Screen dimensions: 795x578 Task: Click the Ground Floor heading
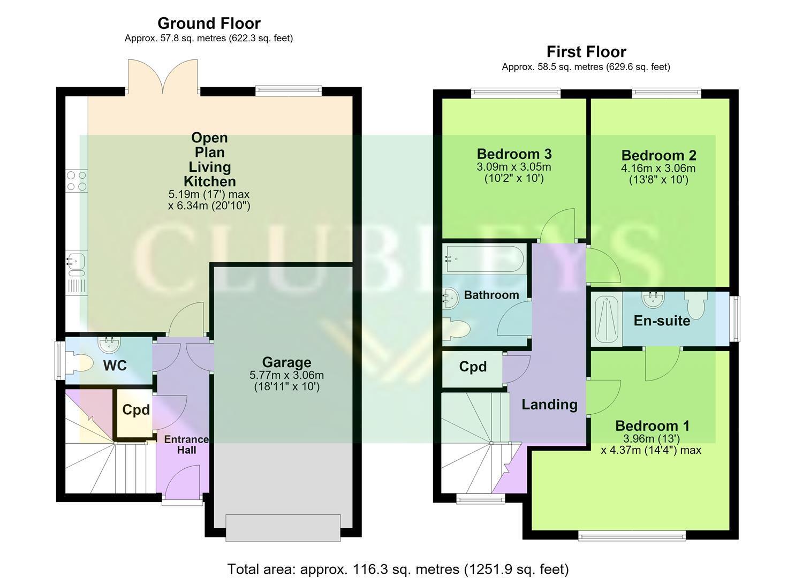tap(209, 24)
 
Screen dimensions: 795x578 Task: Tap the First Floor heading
tap(586, 52)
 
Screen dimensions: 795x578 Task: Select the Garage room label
tap(287, 362)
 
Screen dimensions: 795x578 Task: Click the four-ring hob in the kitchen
tap(77, 180)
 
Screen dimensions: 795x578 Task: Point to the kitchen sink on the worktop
tap(75, 263)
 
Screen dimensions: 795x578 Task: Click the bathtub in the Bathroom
tap(484, 259)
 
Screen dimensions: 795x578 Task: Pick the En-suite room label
tap(662, 321)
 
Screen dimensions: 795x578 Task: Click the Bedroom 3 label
tap(514, 154)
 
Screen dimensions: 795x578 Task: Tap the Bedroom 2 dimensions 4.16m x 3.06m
tap(658, 168)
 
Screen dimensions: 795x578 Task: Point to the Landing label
tap(549, 405)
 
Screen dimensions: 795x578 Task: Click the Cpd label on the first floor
tap(473, 367)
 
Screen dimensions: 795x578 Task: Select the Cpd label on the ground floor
tap(136, 410)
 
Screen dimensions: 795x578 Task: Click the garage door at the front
tap(283, 528)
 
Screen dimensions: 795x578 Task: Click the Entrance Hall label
tap(186, 445)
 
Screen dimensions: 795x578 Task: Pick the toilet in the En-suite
tap(695, 305)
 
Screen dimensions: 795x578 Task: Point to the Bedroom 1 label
tap(652, 426)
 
